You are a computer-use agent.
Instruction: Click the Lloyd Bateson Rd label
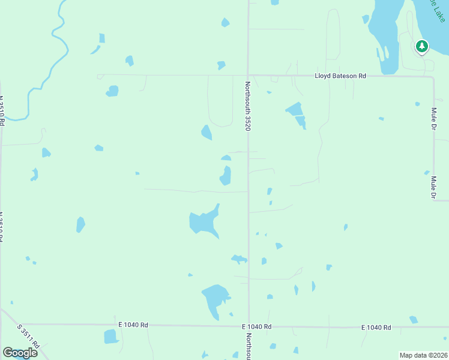[x=341, y=76]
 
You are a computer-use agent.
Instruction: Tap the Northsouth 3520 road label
[x=247, y=106]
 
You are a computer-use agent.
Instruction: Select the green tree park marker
[x=422, y=46]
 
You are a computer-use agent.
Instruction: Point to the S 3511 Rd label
[x=28, y=337]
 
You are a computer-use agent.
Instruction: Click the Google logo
[x=20, y=352]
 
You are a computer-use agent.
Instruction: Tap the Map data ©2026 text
[x=423, y=355]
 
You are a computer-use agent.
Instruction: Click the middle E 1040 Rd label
[x=257, y=326]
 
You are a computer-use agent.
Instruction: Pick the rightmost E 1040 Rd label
[x=376, y=327]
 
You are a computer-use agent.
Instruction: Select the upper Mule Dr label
[x=433, y=118]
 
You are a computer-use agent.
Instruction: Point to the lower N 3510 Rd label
[x=2, y=226]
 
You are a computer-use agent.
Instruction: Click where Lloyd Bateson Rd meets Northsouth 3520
[x=249, y=76]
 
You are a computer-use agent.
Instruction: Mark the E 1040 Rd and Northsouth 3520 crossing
[x=249, y=326]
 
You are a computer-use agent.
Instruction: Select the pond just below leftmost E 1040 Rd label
[x=112, y=337]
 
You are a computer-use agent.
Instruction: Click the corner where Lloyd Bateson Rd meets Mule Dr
[x=433, y=77]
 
